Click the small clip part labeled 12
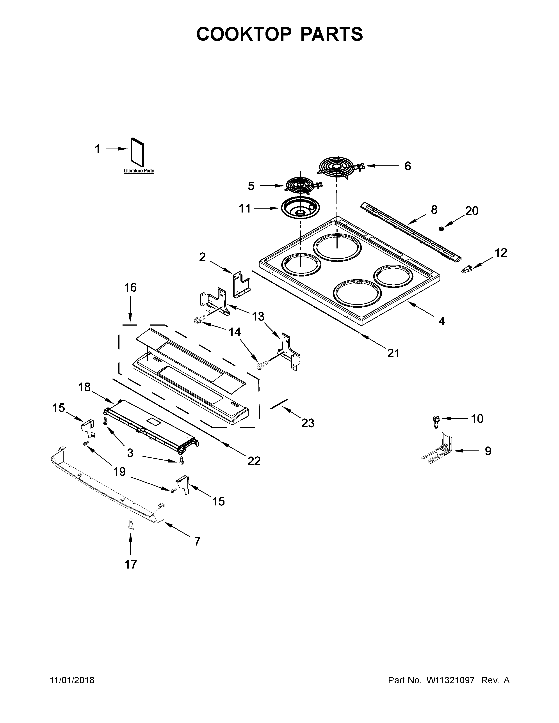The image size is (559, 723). tap(466, 270)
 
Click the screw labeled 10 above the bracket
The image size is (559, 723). tap(434, 420)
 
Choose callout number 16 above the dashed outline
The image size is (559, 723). tap(130, 288)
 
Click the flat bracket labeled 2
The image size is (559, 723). tap(241, 284)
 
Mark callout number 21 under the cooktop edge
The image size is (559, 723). tap(393, 353)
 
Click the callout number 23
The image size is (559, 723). tap(308, 423)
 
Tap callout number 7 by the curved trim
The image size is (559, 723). tap(197, 541)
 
